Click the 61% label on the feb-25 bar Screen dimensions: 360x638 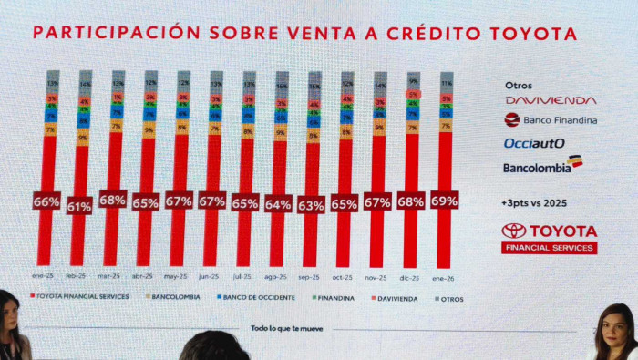79,207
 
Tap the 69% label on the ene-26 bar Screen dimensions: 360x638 444,200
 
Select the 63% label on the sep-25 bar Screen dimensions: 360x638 312,206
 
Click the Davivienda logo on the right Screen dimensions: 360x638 550,99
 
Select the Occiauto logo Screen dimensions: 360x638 534,143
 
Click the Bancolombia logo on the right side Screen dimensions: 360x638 542,166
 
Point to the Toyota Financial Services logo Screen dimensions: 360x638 549,237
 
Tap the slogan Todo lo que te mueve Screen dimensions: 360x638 285,327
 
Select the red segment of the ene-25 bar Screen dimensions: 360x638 46,228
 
